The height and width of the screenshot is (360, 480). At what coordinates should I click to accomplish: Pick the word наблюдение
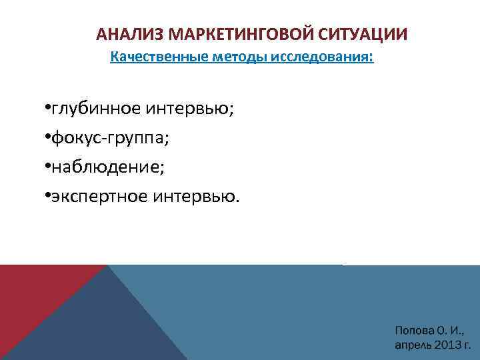coord(107,167)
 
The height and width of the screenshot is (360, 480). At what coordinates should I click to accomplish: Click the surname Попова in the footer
coord(415,331)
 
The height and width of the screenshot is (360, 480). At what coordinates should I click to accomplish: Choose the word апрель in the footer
coord(413,345)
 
